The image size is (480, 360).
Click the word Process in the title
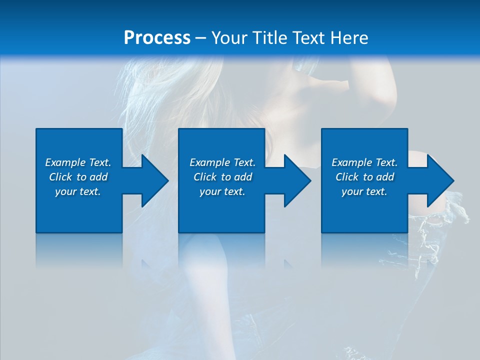pyautogui.click(x=157, y=38)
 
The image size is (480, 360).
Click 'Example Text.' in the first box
pyautogui.click(x=78, y=162)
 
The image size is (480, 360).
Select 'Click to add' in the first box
pyautogui.click(x=78, y=177)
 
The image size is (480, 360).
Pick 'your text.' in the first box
pyautogui.click(x=78, y=191)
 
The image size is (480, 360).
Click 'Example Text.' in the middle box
pyautogui.click(x=222, y=162)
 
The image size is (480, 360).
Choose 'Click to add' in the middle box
pyautogui.click(x=222, y=177)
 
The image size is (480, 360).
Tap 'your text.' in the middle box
pyautogui.click(x=222, y=191)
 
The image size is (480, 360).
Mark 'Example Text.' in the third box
pyautogui.click(x=364, y=162)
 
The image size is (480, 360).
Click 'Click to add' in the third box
pyautogui.click(x=364, y=177)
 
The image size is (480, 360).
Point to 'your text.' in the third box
pyautogui.click(x=364, y=191)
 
